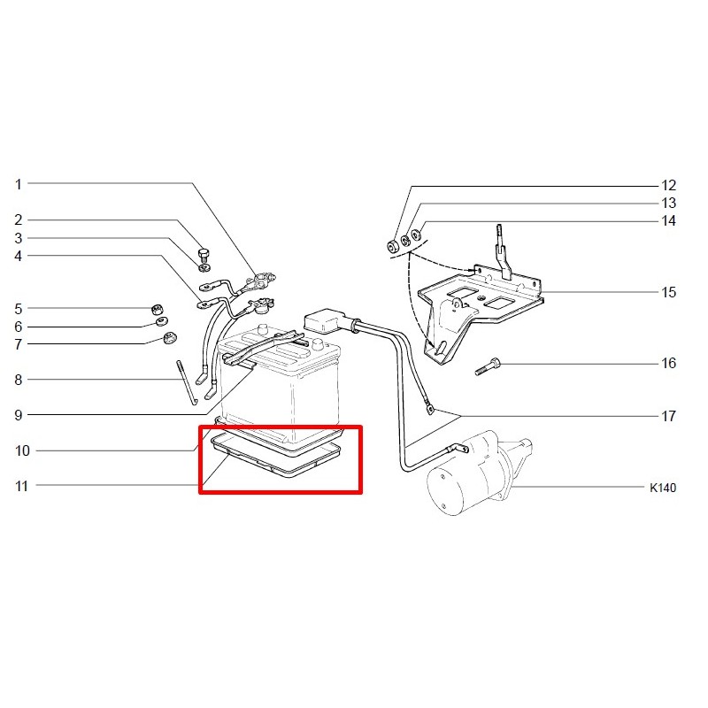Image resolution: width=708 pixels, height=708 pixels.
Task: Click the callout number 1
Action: [18, 184]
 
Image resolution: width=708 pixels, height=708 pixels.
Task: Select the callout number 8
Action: [18, 380]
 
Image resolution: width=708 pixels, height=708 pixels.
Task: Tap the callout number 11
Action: [21, 486]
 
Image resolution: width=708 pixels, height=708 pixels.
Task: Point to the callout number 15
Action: [669, 292]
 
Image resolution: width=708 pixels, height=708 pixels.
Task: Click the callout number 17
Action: [669, 416]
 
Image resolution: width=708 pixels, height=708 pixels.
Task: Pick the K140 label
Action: [663, 488]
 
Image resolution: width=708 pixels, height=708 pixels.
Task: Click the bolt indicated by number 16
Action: [489, 366]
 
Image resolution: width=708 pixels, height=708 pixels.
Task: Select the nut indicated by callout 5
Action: [157, 309]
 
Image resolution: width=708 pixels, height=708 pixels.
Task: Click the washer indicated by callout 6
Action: [162, 321]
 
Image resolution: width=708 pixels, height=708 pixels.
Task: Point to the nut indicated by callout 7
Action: [170, 337]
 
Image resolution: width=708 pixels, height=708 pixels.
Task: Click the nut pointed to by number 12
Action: [392, 247]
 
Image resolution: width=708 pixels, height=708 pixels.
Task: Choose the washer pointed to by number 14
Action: [417, 235]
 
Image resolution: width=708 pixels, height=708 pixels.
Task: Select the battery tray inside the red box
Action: [276, 455]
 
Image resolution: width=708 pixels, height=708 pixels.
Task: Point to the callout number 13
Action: [669, 204]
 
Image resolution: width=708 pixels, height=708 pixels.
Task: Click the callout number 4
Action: [18, 256]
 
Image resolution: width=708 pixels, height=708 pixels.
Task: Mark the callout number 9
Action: [18, 415]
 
